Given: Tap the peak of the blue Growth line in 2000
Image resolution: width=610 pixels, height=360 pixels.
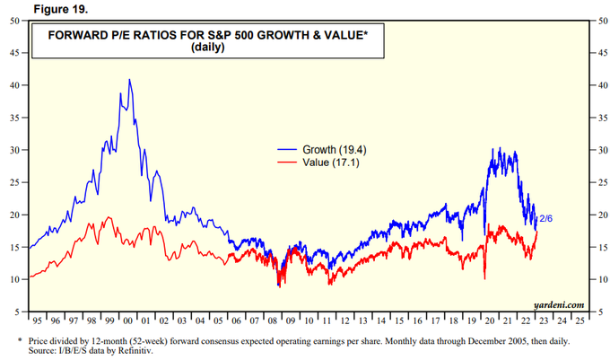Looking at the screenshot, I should tap(130, 80).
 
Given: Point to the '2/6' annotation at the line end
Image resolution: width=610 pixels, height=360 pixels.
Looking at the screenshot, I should tap(545, 218).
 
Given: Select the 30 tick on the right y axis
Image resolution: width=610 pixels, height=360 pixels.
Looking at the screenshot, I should tap(597, 150).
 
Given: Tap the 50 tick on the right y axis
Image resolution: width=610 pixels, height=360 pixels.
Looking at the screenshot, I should tap(597, 21).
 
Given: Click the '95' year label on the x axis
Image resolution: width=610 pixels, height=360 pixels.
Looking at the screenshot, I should tap(37, 320).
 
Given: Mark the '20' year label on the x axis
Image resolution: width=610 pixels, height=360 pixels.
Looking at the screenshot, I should tap(489, 320).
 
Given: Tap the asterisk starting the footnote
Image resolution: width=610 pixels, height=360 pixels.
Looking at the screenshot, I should tap(20, 341).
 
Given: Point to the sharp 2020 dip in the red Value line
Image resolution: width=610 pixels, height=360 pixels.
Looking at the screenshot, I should tap(484, 278).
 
